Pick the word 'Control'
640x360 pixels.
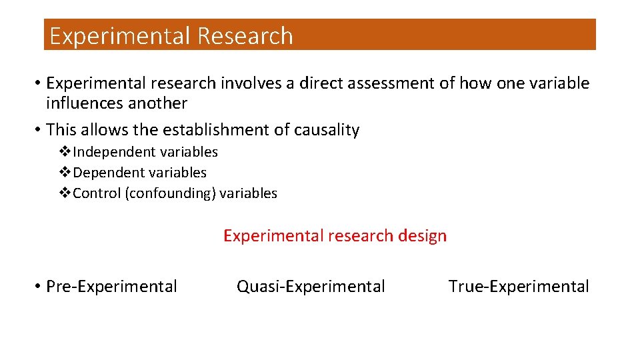pyautogui.click(x=97, y=193)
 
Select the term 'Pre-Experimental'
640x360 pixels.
pyautogui.click(x=111, y=287)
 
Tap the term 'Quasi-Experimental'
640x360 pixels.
pyautogui.click(x=311, y=287)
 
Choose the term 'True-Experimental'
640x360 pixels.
pyautogui.click(x=519, y=287)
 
